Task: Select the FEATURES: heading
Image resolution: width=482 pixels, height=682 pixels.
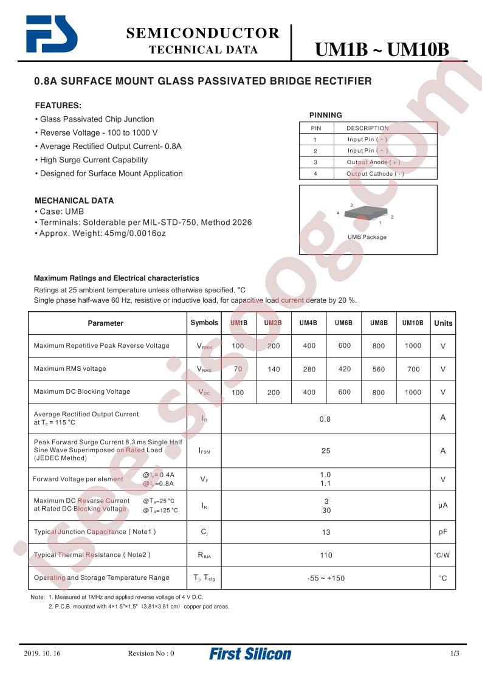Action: pos(58,105)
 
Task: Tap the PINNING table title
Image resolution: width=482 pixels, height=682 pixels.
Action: pos(326,115)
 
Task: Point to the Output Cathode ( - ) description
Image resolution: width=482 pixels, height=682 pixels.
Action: pos(375,173)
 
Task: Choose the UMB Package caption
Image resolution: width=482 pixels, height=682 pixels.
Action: pos(367,237)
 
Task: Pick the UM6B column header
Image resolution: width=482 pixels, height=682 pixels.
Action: pos(344,323)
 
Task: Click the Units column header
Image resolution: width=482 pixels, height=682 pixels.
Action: pos(443,323)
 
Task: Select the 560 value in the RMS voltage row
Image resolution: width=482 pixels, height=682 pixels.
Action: pos(379,369)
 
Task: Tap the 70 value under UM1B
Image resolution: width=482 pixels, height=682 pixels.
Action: pos(238,369)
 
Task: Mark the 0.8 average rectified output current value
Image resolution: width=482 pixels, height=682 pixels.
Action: pos(325,419)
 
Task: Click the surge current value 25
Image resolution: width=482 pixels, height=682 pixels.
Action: pos(326,451)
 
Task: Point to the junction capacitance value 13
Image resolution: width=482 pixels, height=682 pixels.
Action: pos(326,532)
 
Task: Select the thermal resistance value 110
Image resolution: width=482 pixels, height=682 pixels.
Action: pos(326,555)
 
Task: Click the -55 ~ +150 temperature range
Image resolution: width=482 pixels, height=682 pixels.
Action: pos(326,578)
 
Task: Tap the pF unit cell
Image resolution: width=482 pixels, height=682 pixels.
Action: pos(443,532)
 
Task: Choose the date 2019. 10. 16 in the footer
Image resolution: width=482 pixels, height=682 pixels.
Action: pos(43,653)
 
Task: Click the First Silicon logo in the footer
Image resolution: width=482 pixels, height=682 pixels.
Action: pos(250,654)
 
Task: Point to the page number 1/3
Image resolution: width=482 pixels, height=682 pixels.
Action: pos(455,653)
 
